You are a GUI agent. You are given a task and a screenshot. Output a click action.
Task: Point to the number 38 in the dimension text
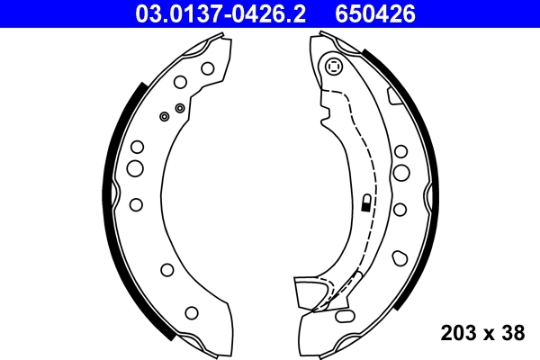tap(513, 333)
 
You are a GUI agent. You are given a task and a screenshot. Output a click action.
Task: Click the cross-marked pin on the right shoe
tap(335, 67)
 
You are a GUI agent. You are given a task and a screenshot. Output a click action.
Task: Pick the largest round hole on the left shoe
tap(135, 167)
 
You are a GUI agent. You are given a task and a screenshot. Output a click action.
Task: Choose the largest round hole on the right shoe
tap(401, 172)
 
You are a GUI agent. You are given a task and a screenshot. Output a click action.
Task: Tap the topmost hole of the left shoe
tap(207, 67)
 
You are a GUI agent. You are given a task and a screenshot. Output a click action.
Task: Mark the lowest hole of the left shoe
tap(191, 312)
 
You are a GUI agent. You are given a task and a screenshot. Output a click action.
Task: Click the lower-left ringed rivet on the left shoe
tap(164, 116)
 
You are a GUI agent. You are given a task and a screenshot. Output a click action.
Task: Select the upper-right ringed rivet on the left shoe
tap(180, 108)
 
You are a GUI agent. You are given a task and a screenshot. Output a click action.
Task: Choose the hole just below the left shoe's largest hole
tap(135, 204)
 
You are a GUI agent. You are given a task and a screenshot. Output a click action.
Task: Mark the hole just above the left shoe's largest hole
tap(137, 147)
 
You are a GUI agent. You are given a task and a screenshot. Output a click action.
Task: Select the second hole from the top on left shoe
tap(180, 82)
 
